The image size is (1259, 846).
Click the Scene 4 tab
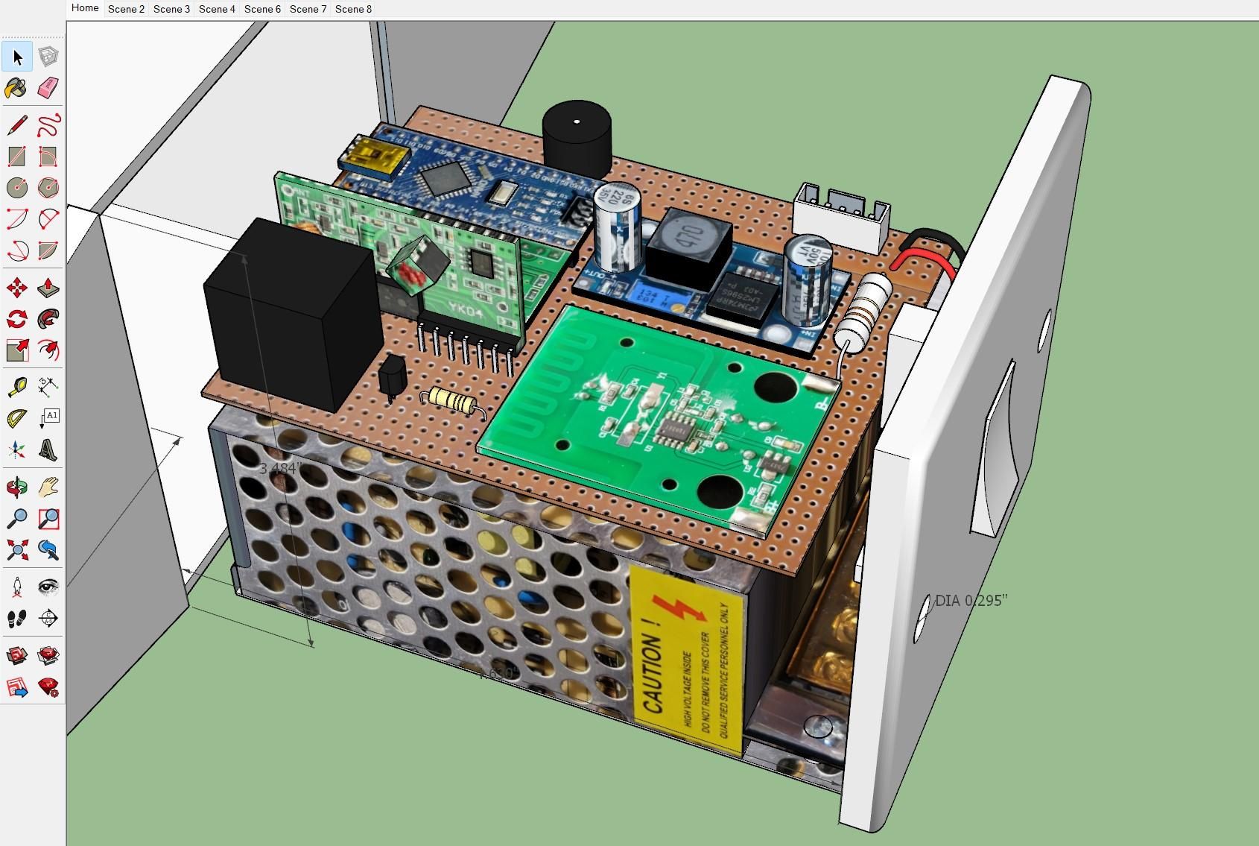click(217, 9)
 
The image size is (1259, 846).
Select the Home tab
click(85, 8)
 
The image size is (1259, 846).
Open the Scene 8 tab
click(353, 9)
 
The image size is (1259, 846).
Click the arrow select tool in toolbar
click(18, 57)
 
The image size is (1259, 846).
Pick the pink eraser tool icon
click(48, 89)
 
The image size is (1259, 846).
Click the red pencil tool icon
click(17, 124)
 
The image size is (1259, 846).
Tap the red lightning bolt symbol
click(679, 607)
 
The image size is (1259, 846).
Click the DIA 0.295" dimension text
click(971, 601)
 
